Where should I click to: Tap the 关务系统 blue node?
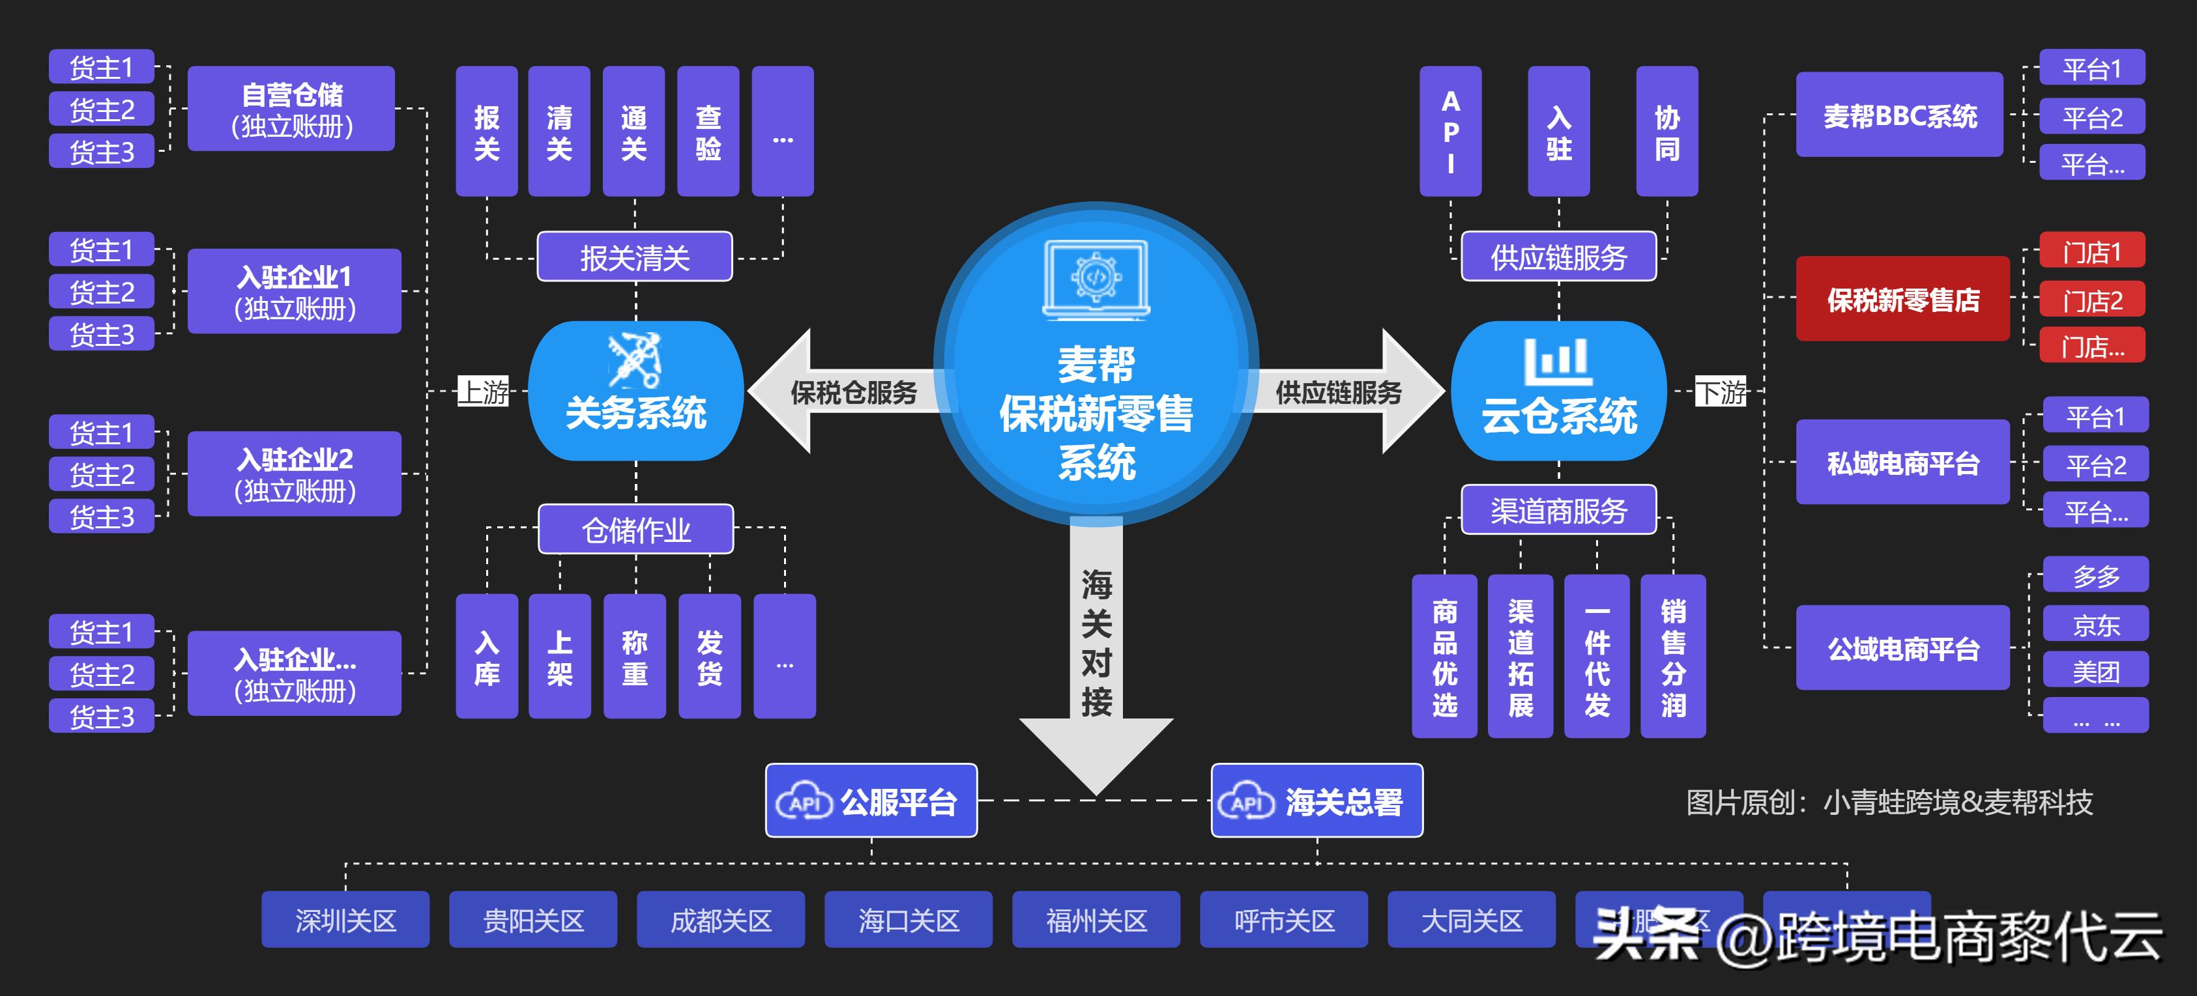(x=635, y=391)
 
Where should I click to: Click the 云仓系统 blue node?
(x=1558, y=391)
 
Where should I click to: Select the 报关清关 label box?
(x=635, y=257)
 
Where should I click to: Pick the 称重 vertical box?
(x=635, y=657)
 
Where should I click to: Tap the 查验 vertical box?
(x=708, y=132)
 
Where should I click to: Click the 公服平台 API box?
(x=871, y=801)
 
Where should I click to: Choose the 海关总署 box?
(x=1317, y=801)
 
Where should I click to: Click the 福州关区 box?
(x=1096, y=920)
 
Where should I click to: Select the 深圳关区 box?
(x=345, y=920)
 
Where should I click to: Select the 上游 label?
(x=484, y=391)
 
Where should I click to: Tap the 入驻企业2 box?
(x=294, y=474)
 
